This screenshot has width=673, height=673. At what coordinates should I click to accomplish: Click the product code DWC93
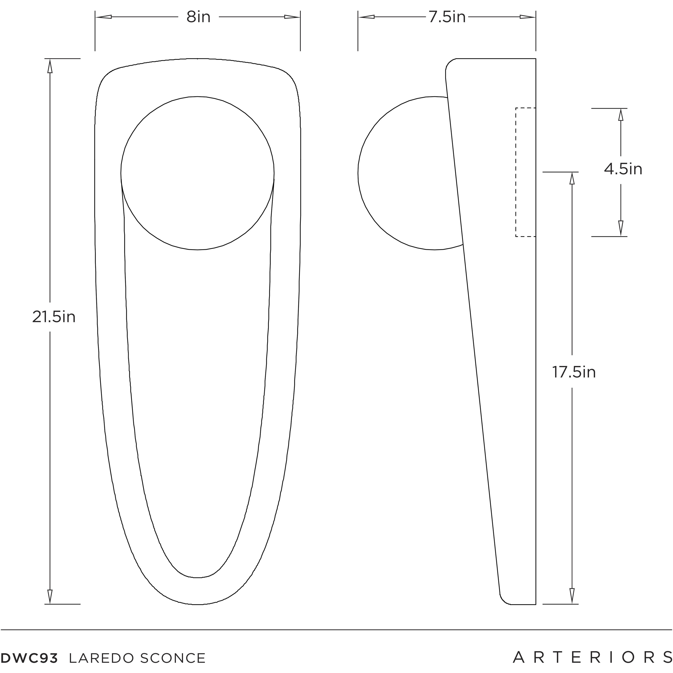click(29, 658)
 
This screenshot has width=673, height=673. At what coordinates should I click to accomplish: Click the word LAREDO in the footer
click(101, 658)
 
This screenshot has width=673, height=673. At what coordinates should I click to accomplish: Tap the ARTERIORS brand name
click(592, 657)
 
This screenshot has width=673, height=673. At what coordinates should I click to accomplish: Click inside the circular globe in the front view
click(198, 173)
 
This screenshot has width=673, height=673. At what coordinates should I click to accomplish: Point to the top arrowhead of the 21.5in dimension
click(50, 66)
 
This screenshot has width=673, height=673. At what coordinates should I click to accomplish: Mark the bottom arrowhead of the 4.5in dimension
click(620, 228)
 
